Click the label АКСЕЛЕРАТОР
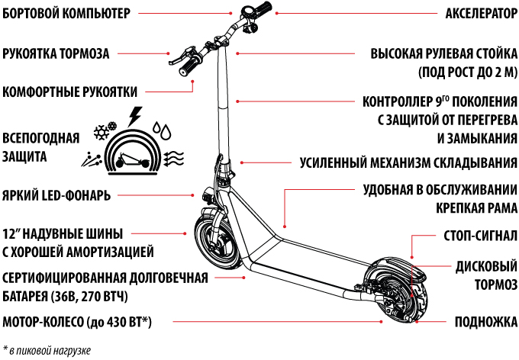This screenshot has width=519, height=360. (482, 14)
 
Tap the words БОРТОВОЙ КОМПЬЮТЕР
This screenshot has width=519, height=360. (66, 14)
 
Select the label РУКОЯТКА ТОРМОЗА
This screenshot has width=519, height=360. (56, 53)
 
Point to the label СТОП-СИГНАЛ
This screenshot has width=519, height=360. (480, 236)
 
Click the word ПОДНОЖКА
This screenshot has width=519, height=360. (486, 322)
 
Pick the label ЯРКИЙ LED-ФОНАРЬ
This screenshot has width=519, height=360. (56, 195)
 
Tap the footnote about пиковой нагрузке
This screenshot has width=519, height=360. (47, 350)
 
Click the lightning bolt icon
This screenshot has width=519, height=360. (134, 116)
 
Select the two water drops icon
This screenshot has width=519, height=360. (162, 130)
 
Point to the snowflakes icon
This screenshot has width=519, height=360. (105, 130)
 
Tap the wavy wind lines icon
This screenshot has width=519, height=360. (174, 159)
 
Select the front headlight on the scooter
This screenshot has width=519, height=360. (207, 194)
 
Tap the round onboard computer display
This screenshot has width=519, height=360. (248, 12)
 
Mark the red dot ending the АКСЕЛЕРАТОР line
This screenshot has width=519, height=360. (276, 13)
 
